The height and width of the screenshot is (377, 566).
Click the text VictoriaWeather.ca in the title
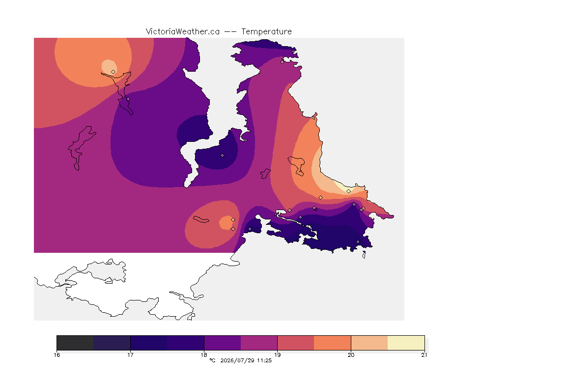click(x=183, y=32)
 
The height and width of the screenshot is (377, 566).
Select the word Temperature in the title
click(x=266, y=32)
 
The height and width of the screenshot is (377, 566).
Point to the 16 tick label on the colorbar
click(x=57, y=355)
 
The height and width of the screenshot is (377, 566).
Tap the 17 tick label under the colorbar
click(x=130, y=355)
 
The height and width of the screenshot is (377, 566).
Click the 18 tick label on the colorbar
click(x=204, y=355)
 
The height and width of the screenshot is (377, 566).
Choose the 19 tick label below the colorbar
click(x=277, y=355)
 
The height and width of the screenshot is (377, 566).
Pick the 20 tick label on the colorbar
click(x=351, y=355)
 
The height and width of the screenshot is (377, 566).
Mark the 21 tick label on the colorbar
click(x=424, y=355)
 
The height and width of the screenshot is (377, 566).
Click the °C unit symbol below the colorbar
click(x=212, y=360)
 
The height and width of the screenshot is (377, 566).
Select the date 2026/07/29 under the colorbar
click(x=237, y=360)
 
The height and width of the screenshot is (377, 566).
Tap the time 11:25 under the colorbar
click(x=264, y=360)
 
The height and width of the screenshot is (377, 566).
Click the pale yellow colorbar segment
click(x=406, y=343)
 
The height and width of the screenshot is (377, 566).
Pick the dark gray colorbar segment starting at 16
click(x=75, y=343)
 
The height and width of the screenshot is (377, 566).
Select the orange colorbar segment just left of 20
click(x=332, y=343)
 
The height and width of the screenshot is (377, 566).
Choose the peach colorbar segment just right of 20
click(x=369, y=343)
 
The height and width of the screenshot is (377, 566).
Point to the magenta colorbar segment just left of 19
click(x=259, y=343)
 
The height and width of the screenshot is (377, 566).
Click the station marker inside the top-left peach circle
click(x=113, y=72)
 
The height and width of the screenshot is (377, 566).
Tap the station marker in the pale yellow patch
click(x=348, y=191)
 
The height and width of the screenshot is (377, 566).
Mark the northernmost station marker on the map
click(x=283, y=62)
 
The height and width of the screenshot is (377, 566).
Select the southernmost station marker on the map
click(x=358, y=242)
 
